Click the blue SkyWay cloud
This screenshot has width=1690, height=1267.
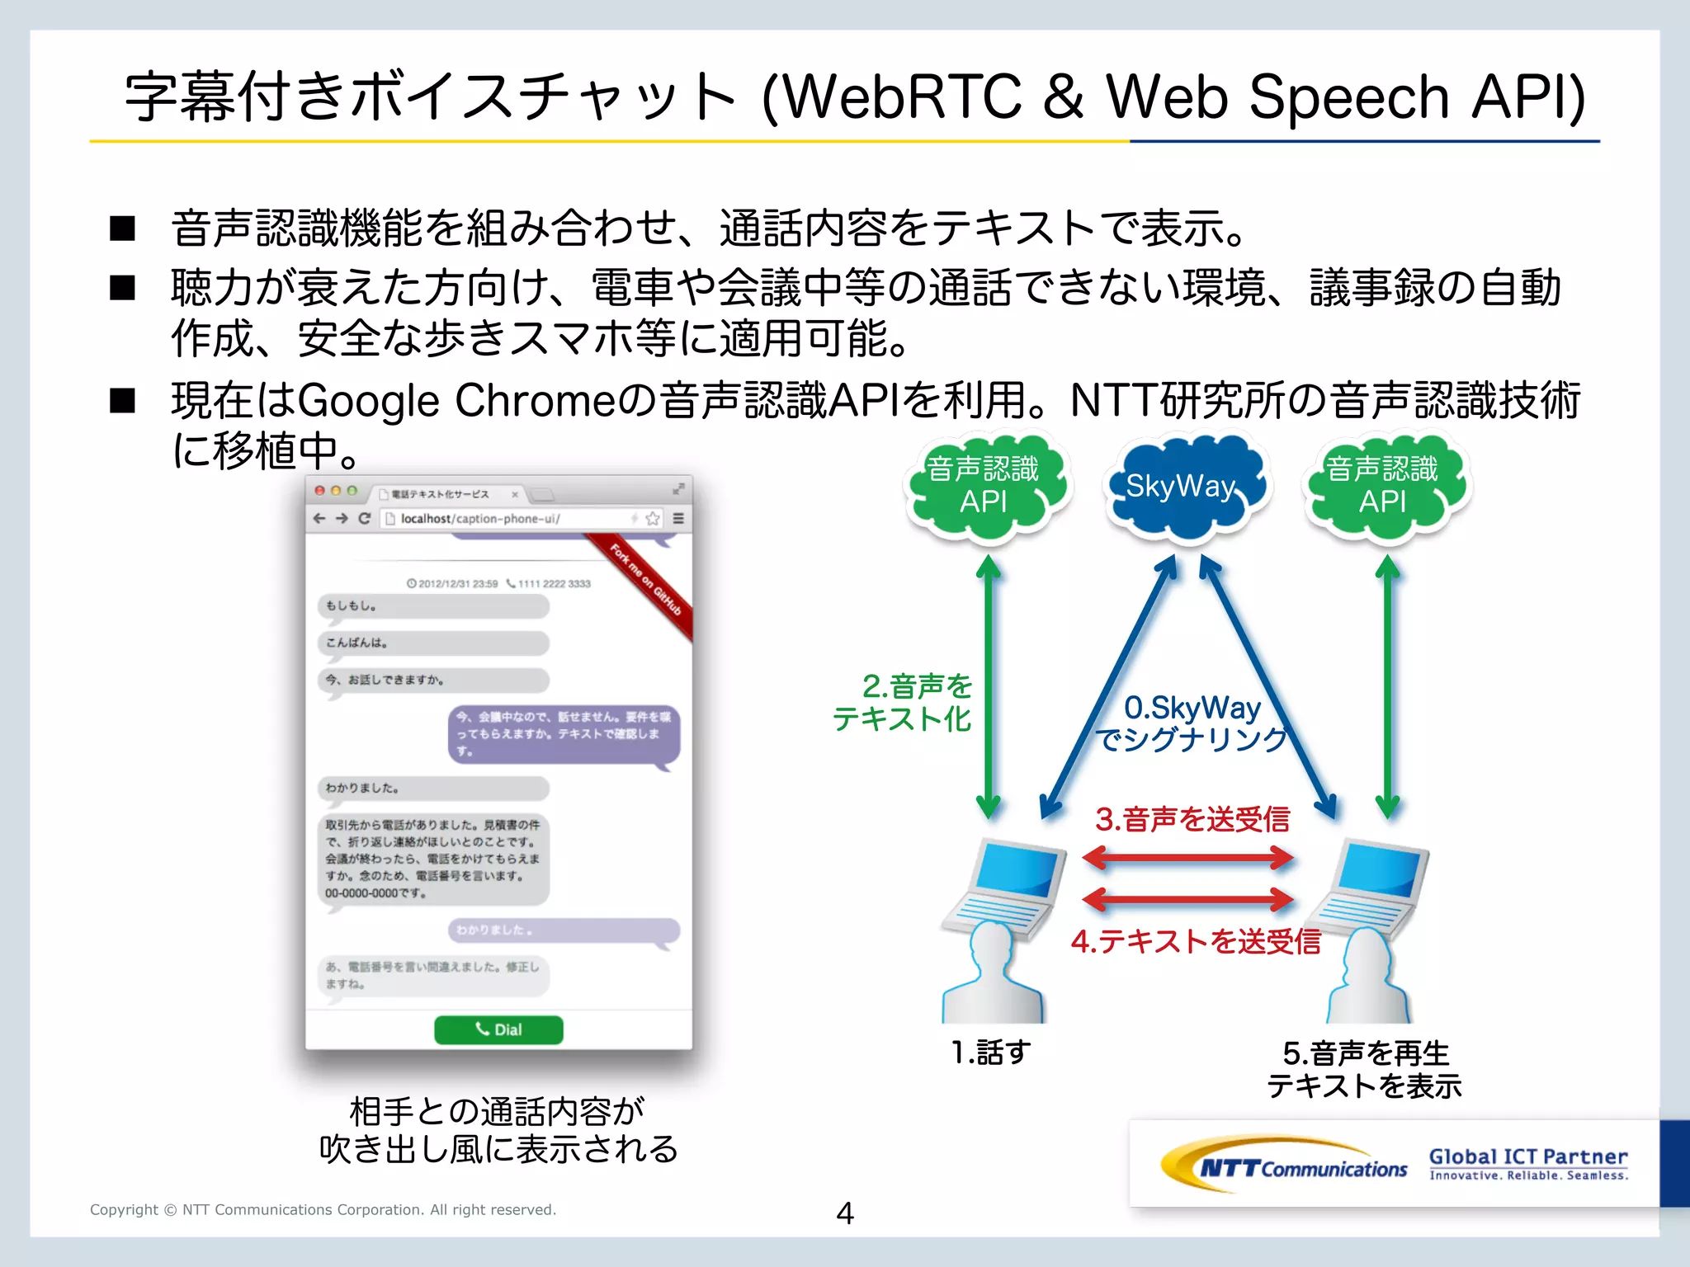[1187, 487]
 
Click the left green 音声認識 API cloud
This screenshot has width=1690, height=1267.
[984, 487]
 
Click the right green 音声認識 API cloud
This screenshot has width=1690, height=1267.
[1383, 487]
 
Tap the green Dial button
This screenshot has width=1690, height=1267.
[498, 1029]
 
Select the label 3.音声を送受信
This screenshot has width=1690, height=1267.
[1192, 819]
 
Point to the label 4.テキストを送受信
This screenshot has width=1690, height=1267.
[1196, 941]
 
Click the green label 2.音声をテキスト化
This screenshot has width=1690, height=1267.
[904, 702]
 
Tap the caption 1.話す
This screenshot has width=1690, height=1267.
[990, 1053]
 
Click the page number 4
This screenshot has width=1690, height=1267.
[844, 1213]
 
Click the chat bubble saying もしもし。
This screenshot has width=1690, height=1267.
[433, 606]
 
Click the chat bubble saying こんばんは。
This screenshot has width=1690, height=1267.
[433, 643]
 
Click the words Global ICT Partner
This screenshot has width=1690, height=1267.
[1528, 1156]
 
